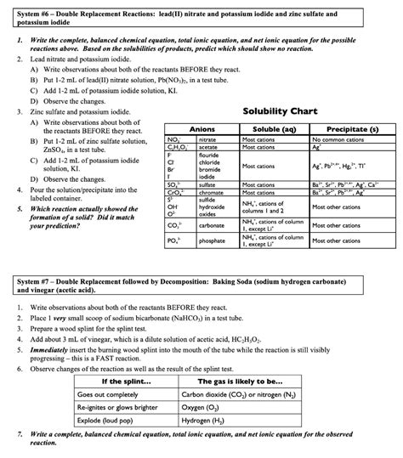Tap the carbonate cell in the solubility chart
(x=213, y=226)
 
